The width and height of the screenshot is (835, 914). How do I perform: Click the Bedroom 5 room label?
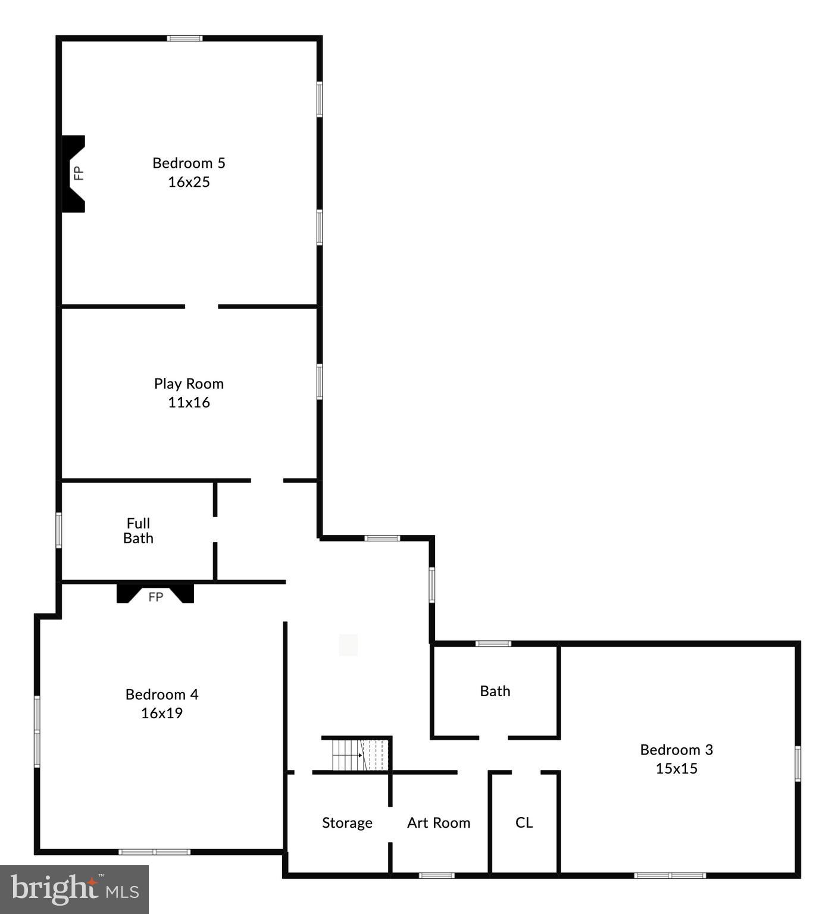click(189, 163)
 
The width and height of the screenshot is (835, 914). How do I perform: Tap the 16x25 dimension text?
click(189, 182)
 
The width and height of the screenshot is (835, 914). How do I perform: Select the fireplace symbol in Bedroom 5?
click(74, 173)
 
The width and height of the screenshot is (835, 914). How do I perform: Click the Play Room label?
click(189, 384)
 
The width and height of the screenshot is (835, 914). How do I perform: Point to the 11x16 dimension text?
click(189, 403)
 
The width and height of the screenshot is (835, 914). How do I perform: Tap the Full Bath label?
click(138, 531)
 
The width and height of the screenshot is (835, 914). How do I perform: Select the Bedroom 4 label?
click(162, 694)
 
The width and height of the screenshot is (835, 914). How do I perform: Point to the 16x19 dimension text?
click(162, 713)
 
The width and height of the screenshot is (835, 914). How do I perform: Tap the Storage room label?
click(347, 823)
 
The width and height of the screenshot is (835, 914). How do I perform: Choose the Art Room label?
click(439, 823)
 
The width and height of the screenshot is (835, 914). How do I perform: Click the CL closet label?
click(524, 822)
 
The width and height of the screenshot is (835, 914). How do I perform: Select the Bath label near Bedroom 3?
click(495, 691)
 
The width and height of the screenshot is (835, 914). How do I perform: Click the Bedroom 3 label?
click(677, 750)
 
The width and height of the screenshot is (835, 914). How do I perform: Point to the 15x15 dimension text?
click(677, 768)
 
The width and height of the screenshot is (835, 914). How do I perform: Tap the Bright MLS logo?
click(74, 889)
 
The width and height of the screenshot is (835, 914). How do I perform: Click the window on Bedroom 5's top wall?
click(184, 39)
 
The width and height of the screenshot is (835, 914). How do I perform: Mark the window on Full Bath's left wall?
click(59, 530)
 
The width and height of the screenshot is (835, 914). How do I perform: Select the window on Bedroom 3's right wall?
click(798, 763)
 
